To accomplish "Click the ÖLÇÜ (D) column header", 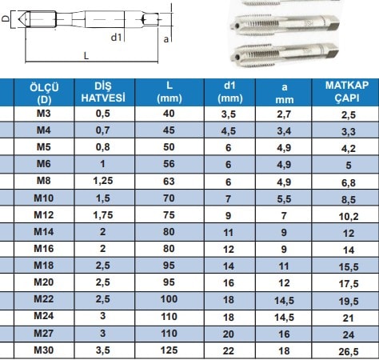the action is point(44,94).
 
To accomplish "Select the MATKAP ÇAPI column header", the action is point(347,91).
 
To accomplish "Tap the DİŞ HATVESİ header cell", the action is point(103,92).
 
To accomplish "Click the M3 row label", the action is point(44,114).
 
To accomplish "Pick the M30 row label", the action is point(44,350).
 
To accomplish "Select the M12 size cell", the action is point(44,215).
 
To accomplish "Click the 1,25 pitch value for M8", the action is point(103,181).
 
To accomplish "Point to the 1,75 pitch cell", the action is point(103,215).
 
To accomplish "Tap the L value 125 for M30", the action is point(169,350).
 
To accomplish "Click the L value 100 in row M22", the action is point(169,299).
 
